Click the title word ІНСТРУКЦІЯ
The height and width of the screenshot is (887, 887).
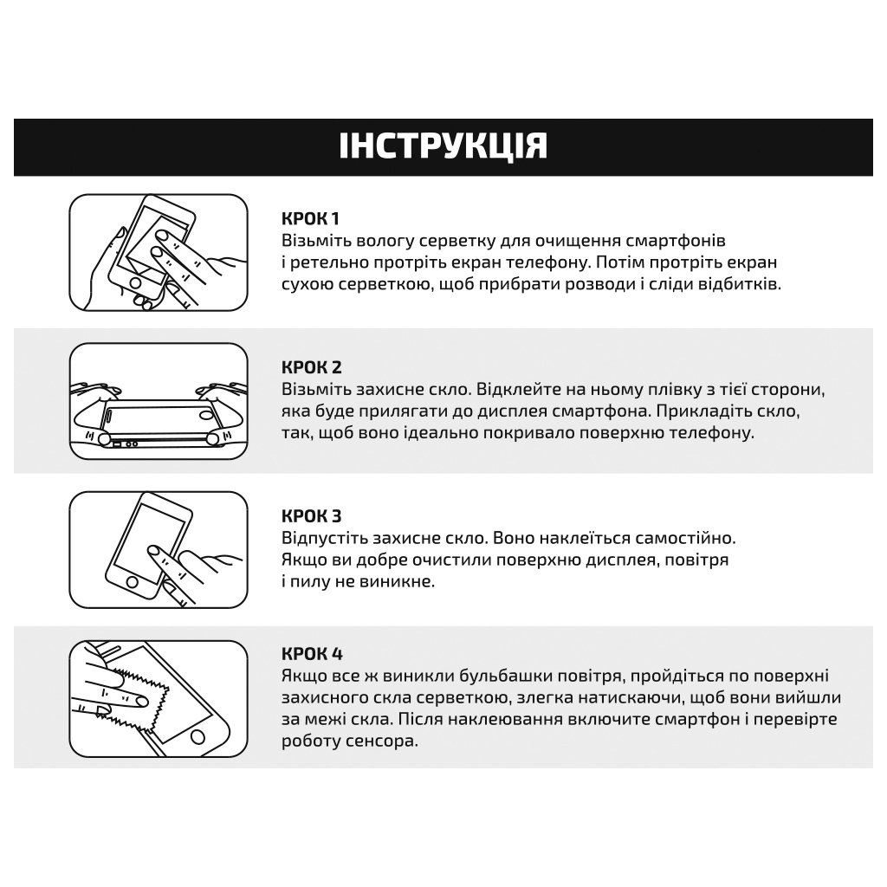pos(443,146)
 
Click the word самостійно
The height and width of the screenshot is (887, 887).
pos(683,538)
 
